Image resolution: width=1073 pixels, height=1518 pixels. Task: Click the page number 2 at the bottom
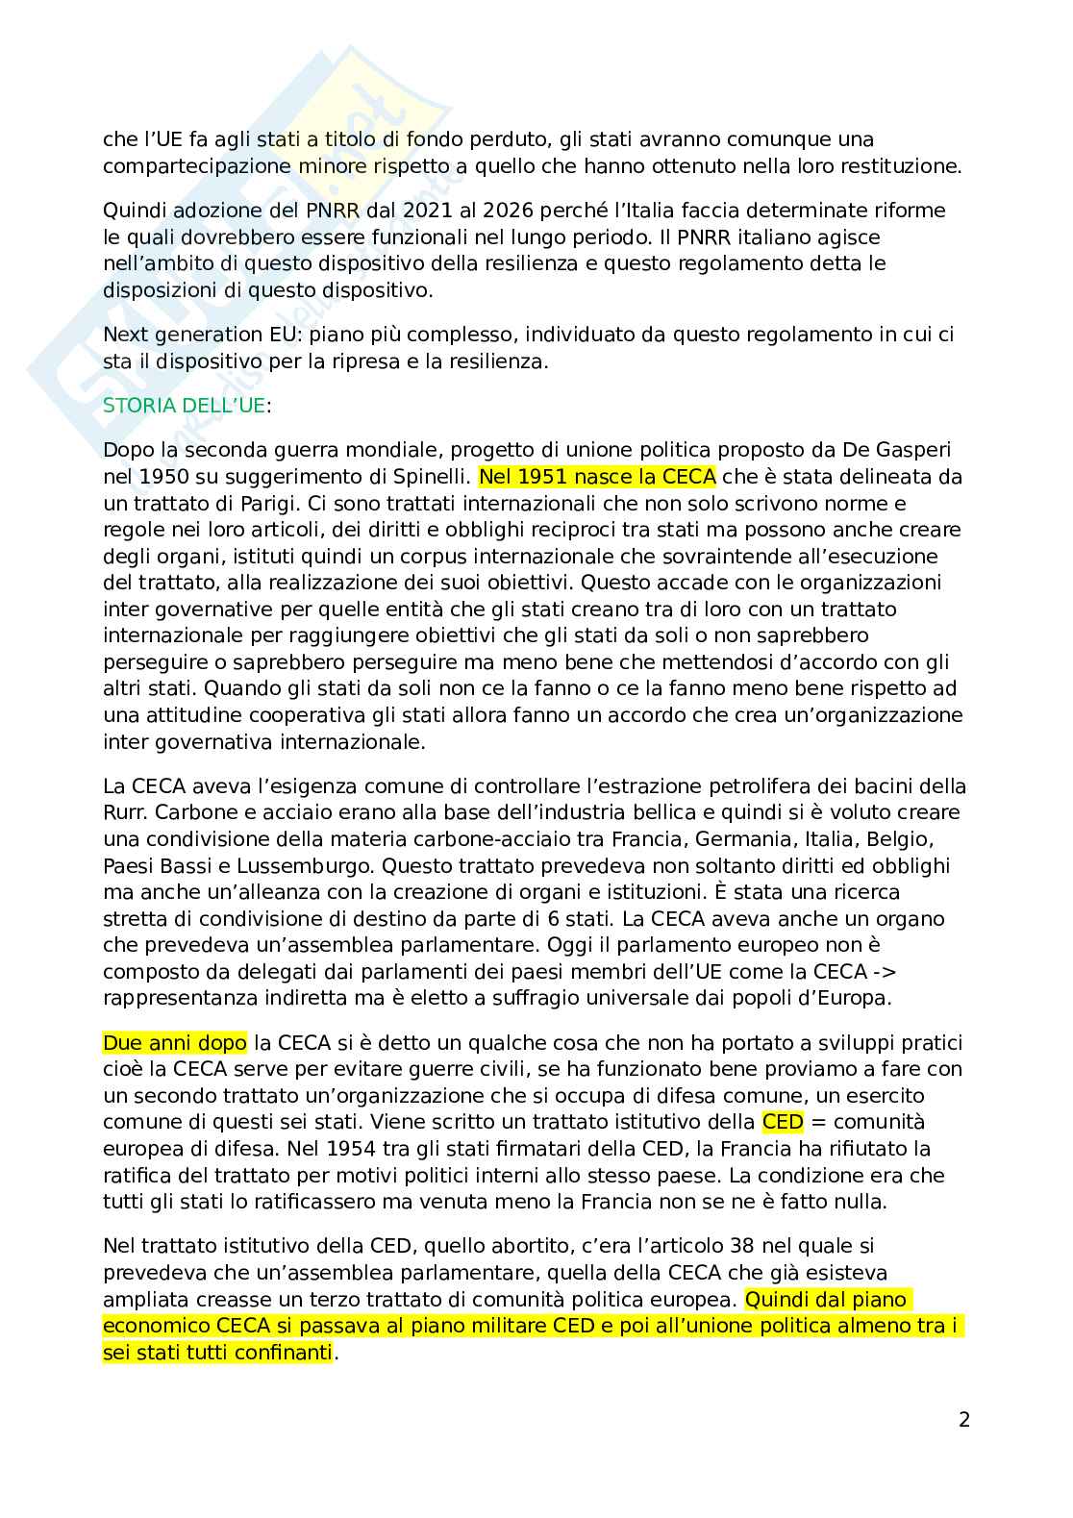[x=964, y=1419]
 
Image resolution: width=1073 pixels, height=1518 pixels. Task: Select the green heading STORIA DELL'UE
[x=184, y=406]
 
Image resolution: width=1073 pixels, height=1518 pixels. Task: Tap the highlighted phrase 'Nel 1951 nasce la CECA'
[x=597, y=477]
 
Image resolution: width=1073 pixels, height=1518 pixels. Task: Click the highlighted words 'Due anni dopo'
[x=175, y=1042]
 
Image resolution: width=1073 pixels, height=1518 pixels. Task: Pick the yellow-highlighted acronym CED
[x=782, y=1122]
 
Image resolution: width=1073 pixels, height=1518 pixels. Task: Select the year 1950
[x=156, y=477]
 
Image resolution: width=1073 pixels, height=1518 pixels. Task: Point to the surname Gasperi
[x=912, y=450]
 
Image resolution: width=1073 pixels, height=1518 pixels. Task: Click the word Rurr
[x=124, y=812]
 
